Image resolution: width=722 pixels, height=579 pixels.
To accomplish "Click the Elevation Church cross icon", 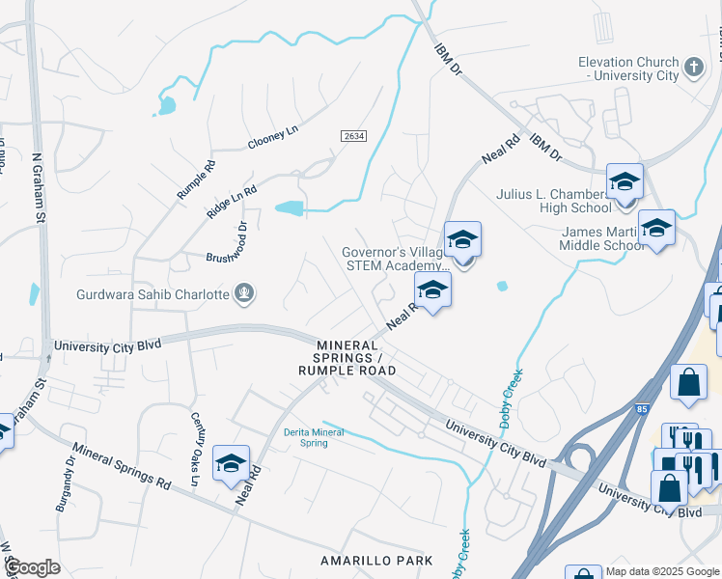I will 693,67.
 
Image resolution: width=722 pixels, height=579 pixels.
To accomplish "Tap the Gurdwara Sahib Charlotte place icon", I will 245,293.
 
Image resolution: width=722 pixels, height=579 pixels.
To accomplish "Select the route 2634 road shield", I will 353,137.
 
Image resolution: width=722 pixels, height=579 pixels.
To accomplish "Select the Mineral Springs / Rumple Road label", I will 347,358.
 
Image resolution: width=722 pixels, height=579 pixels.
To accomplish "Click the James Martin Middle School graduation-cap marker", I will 657,228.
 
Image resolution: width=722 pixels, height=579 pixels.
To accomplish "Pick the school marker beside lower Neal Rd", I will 231,464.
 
